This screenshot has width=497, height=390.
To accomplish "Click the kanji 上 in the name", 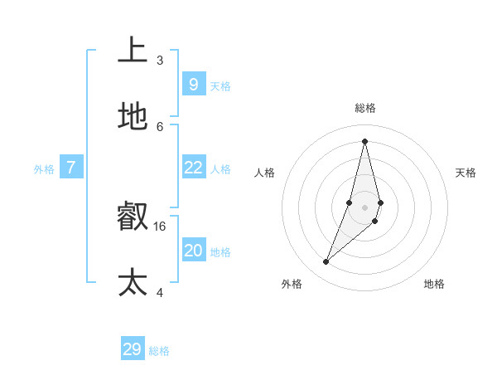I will tap(133, 50).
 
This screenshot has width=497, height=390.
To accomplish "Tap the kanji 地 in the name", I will tap(133, 117).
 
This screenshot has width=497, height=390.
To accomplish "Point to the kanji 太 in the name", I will tap(133, 282).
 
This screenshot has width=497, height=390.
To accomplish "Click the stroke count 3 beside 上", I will tap(160, 60).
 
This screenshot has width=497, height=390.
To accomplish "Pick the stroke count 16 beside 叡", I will tap(160, 226).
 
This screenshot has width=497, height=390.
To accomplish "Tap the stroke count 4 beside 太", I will tap(160, 292).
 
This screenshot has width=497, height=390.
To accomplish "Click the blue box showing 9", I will tap(193, 84).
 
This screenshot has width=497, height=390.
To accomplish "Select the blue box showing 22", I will tap(193, 168).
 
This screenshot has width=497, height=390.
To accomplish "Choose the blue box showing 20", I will tap(193, 250).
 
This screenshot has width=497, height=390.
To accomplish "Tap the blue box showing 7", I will tap(71, 168).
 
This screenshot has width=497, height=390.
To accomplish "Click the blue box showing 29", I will tap(133, 349).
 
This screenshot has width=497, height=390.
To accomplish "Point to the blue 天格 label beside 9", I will tap(220, 86).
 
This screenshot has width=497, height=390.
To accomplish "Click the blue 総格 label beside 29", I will tap(159, 352).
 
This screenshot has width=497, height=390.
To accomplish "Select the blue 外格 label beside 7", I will tap(44, 169).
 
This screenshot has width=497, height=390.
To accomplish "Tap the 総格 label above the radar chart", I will tap(365, 108).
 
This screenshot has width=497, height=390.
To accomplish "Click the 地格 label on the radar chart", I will tap(434, 284).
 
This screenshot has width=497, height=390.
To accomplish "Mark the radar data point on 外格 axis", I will tap(326, 262).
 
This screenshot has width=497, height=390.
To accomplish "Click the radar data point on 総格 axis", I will tap(364, 141).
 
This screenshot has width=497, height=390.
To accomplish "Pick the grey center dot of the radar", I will tap(364, 207).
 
